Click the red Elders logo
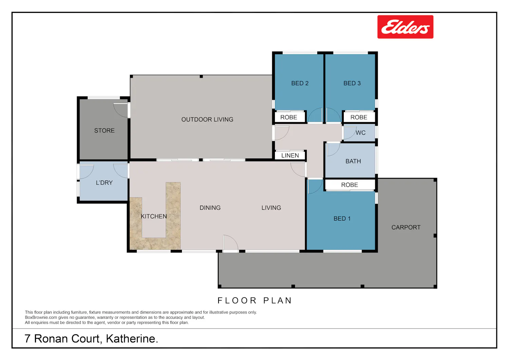tap(405, 27)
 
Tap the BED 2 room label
tap(300, 83)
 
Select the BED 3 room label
tap(352, 83)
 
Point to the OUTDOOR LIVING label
tap(207, 119)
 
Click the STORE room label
tap(104, 130)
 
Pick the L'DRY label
tap(104, 183)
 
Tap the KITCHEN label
tap(154, 216)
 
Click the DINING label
tap(210, 208)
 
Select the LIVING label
tap(271, 208)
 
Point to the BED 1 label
tap(342, 219)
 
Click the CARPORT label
tap(406, 227)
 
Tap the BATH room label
tap(353, 161)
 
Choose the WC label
tap(361, 133)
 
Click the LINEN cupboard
tap(290, 155)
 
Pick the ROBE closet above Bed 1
tap(350, 185)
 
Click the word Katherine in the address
tap(132, 339)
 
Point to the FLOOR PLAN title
tap(254, 301)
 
